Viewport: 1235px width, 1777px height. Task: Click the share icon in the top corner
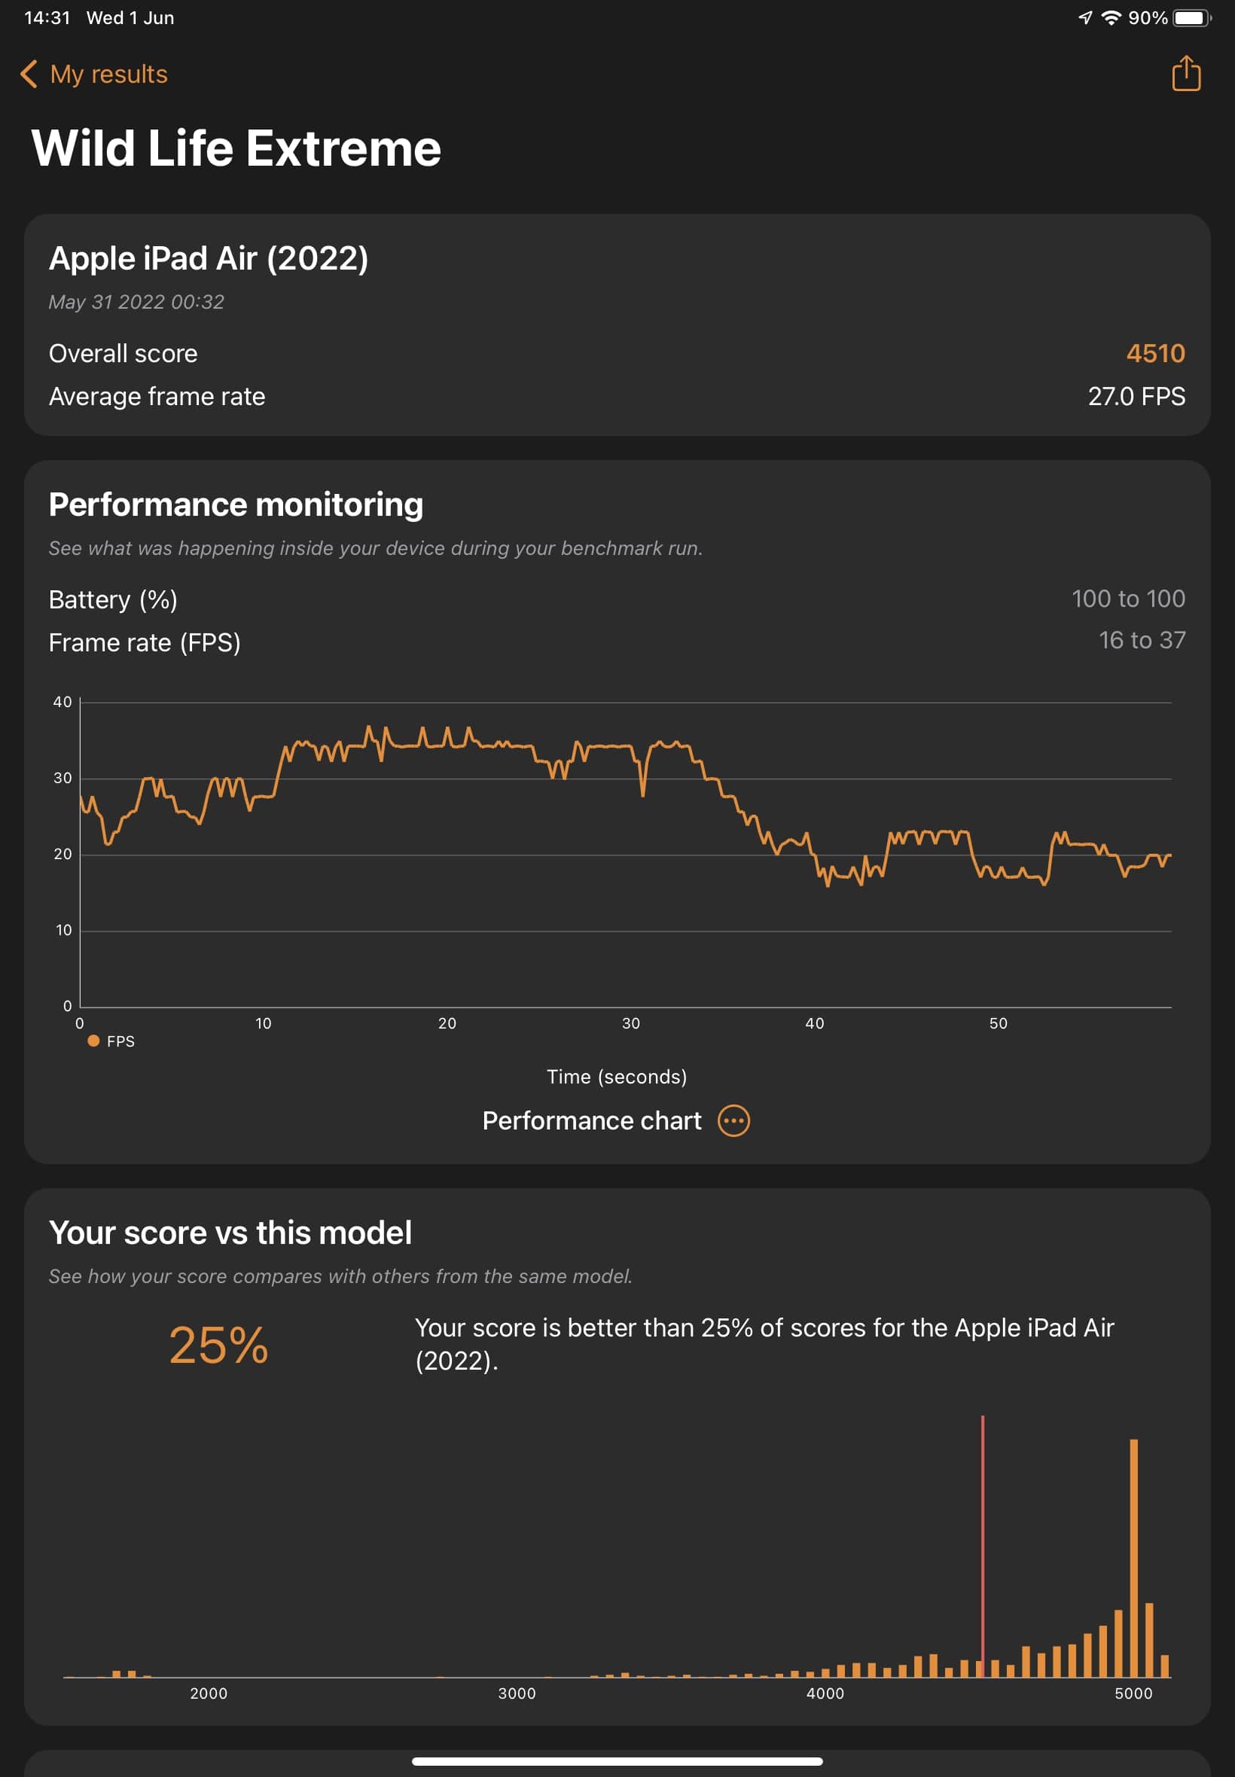(x=1185, y=74)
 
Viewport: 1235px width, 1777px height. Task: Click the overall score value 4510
(x=1154, y=354)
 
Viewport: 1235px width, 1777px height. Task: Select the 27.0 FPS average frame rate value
(x=1136, y=397)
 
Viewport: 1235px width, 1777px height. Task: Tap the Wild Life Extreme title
(x=236, y=148)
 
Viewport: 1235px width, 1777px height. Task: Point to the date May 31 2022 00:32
(x=136, y=302)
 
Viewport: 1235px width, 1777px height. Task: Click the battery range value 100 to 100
(x=1127, y=599)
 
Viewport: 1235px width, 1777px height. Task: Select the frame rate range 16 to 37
(x=1142, y=641)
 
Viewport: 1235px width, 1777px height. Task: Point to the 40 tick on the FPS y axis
(x=62, y=703)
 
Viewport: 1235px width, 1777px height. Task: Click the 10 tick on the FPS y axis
(x=63, y=931)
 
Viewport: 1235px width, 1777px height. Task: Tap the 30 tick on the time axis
(x=630, y=1023)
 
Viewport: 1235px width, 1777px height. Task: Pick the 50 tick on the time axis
(x=999, y=1023)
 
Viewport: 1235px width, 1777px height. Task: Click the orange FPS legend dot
(x=93, y=1041)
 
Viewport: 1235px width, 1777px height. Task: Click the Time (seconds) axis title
(x=617, y=1077)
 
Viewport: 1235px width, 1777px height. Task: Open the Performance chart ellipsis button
(x=733, y=1121)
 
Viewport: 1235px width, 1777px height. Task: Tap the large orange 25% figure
(x=218, y=1346)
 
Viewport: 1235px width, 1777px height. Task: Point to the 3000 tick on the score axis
(x=517, y=1693)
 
